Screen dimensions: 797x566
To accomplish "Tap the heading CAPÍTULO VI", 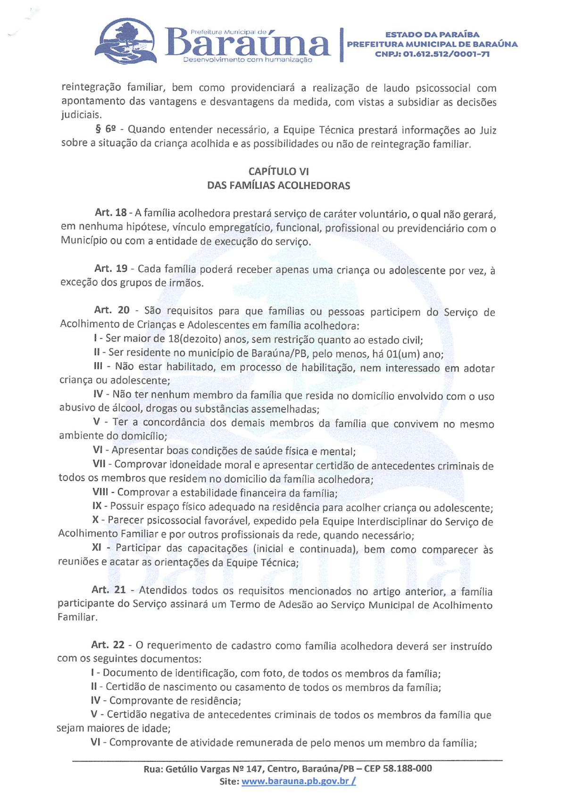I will (x=278, y=172).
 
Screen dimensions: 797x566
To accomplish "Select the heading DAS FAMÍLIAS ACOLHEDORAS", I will (x=278, y=186).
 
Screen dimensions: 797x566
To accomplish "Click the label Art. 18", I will (x=110, y=213).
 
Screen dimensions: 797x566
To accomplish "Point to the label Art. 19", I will (x=110, y=268).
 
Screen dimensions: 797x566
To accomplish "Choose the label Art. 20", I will (x=111, y=310).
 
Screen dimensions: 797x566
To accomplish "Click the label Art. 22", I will (x=108, y=645).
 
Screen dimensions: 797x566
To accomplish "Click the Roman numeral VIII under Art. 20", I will (x=100, y=492).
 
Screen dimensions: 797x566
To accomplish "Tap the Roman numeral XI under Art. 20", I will (x=97, y=548).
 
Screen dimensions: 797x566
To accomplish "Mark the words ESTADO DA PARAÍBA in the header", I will (x=432, y=34).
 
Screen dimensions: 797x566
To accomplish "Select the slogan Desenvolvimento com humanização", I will (x=247, y=60).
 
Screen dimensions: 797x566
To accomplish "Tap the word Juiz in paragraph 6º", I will (x=488, y=130).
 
